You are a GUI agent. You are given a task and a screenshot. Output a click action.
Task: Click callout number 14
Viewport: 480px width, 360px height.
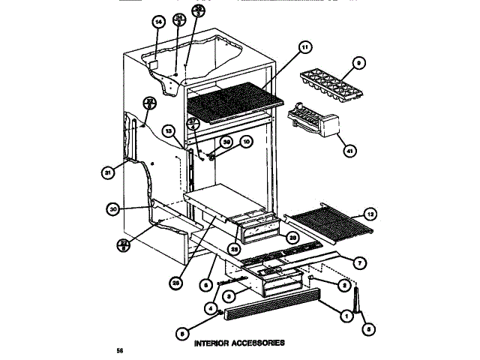pyautogui.click(x=158, y=22)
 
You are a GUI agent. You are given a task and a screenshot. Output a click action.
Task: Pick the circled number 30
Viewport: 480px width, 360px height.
pyautogui.click(x=112, y=209)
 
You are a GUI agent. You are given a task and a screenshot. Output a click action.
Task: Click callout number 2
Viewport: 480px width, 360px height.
pyautogui.click(x=344, y=285)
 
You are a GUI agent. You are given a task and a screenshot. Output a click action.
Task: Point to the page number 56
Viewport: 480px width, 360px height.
pyautogui.click(x=119, y=350)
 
